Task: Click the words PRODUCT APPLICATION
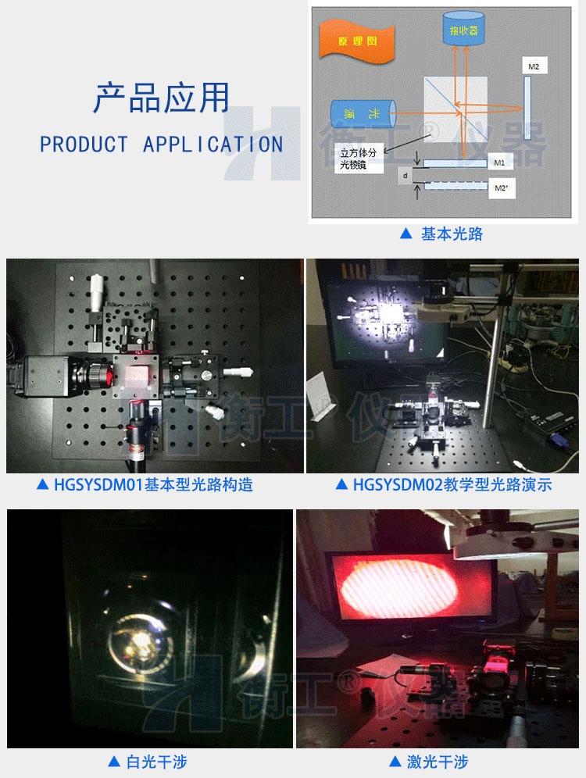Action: click(x=161, y=145)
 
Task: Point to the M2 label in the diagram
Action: click(x=534, y=67)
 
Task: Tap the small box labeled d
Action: click(x=405, y=177)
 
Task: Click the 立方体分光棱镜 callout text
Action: click(x=359, y=161)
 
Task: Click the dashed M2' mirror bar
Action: click(x=456, y=187)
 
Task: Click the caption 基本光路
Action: click(x=442, y=234)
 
